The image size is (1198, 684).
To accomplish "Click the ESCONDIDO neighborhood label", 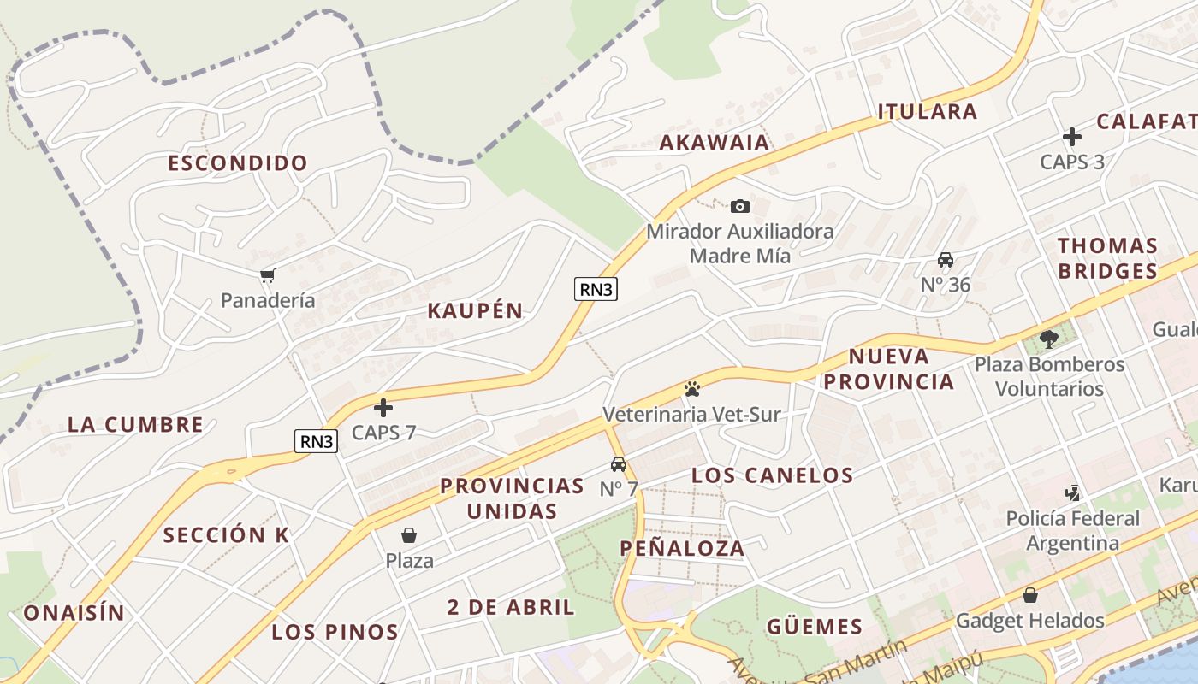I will coord(238,163).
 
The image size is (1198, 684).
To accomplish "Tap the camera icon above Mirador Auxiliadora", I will coord(740,206).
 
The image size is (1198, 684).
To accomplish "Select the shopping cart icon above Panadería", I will coord(268,275).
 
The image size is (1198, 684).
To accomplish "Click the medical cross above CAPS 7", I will coord(383,408).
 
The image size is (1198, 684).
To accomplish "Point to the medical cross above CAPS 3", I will coord(1072,137).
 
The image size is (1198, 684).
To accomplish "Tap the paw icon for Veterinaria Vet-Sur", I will coord(692,390).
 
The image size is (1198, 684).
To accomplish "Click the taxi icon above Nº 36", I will coord(946,260).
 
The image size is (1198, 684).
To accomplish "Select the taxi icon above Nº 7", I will coord(619,464).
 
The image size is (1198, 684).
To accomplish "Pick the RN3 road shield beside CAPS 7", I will coord(317,441).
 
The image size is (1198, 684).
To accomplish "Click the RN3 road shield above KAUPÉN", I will coord(596,289).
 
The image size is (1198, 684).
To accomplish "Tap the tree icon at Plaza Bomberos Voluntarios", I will coord(1049,339).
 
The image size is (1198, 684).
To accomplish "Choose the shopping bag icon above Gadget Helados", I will coord(1030,595).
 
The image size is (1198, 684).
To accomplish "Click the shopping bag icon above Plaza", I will coord(409,536).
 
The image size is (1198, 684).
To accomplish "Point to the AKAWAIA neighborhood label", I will coord(715,143).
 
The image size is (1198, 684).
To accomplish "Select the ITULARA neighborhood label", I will coord(928,112).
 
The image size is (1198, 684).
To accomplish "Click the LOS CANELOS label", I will coord(772,476).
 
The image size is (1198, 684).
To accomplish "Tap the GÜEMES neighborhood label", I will coord(815,628).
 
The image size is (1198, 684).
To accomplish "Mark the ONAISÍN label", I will coord(74,613).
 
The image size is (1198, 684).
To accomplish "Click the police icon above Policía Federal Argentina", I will coord(1072,493).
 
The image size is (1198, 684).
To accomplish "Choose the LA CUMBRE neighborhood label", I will coord(135,425).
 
